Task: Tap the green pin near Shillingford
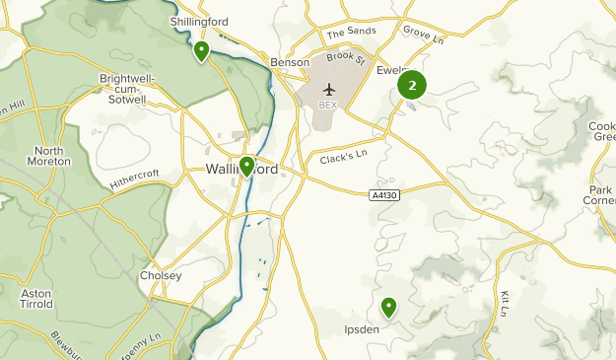click(201, 49)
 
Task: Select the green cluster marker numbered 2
click(411, 86)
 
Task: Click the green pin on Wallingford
click(246, 166)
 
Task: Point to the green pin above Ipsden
click(388, 308)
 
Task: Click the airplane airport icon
click(328, 90)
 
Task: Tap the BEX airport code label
click(328, 105)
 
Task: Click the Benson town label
click(290, 62)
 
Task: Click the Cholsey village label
click(161, 276)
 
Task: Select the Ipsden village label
click(361, 328)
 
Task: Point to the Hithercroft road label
click(134, 179)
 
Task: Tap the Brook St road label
click(346, 59)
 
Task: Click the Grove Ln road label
click(423, 37)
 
